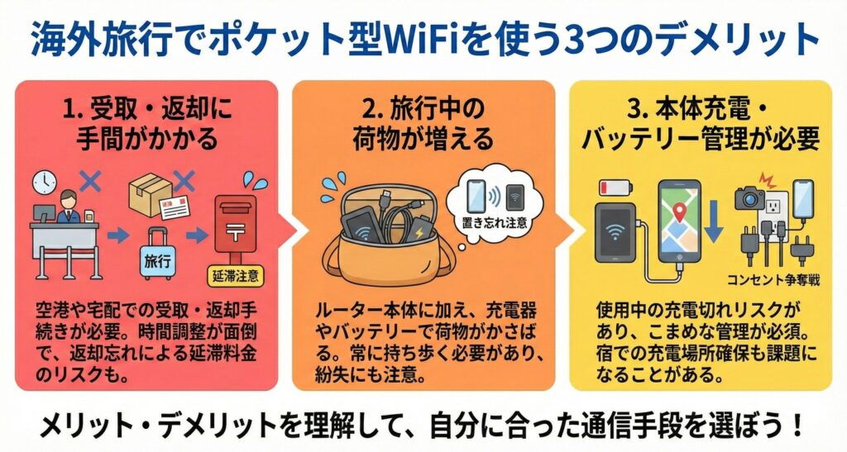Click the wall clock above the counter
[45, 183]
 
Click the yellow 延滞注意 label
[235, 277]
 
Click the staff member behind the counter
[69, 207]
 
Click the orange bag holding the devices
[389, 237]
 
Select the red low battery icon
[615, 188]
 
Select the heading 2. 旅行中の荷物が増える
[423, 123]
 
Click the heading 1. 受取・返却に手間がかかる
[146, 123]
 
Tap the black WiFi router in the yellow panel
[615, 232]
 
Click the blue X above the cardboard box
[183, 179]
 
